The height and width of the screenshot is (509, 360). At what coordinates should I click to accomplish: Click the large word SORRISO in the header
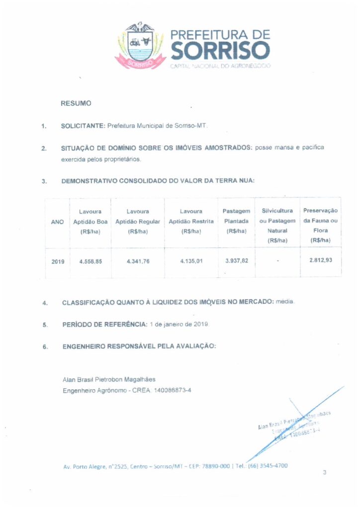pos(220,51)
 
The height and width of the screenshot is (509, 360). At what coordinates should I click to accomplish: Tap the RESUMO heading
pos(76,103)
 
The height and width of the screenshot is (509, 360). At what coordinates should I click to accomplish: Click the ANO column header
pos(58,222)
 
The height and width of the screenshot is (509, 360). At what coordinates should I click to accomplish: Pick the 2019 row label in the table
pos(58,261)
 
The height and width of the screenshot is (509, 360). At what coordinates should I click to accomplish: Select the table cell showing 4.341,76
pos(138,261)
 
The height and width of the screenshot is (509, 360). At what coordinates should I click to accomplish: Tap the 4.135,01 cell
pos(191,260)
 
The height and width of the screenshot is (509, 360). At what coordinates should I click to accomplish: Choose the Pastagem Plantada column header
pos(236,221)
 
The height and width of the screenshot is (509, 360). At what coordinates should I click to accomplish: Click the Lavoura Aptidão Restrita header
pos(191,222)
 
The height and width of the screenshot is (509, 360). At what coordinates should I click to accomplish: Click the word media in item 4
pos(285,302)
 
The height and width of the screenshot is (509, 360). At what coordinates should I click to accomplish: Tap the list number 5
pos(45,325)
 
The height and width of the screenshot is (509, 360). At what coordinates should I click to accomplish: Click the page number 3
pos(324,473)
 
